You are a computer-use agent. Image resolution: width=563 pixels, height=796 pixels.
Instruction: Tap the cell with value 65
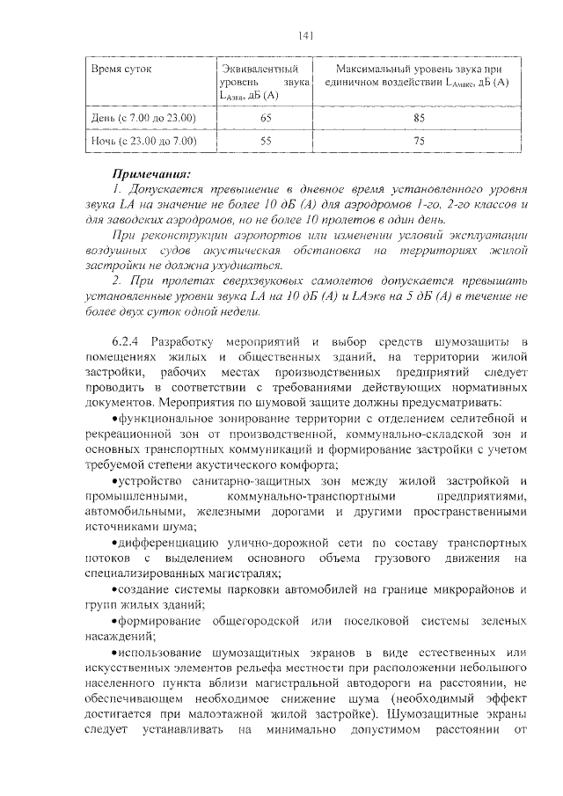tap(266, 117)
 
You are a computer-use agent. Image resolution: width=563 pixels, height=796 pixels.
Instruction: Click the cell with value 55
tap(266, 141)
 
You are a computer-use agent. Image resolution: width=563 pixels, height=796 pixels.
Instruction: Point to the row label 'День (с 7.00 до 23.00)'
tap(143, 117)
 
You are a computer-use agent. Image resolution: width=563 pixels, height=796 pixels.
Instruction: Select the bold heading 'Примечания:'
tap(151, 173)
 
